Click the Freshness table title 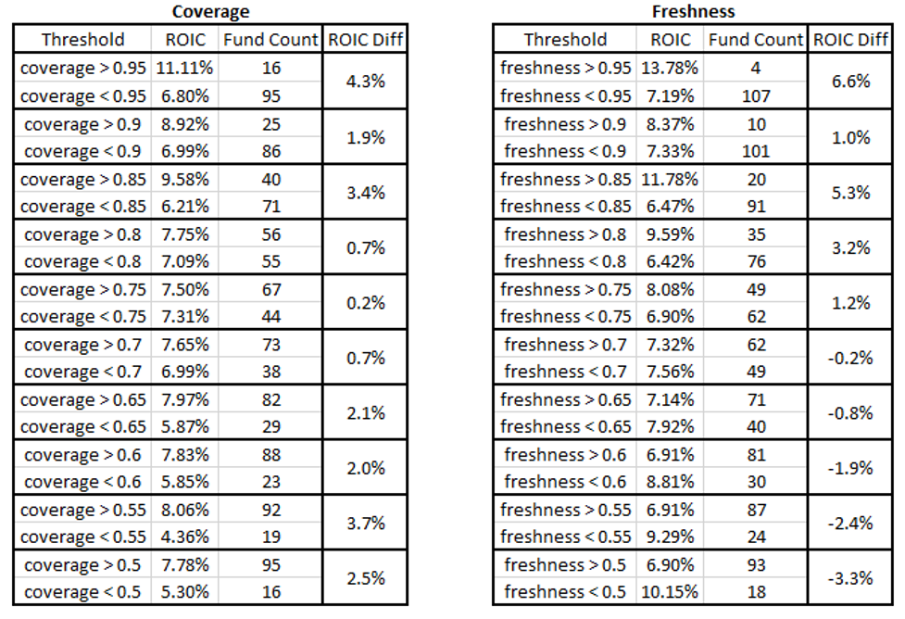(x=693, y=12)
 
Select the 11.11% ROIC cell (x=185, y=68)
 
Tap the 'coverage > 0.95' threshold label (x=82, y=68)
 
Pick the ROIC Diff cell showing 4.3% (x=364, y=82)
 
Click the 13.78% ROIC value (x=671, y=68)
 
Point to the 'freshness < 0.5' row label (x=565, y=592)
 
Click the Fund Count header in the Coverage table (x=270, y=40)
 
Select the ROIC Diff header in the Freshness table (x=850, y=40)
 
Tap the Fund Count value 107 (x=756, y=95)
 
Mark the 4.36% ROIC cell (x=185, y=537)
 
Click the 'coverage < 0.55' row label (x=82, y=537)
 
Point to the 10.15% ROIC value (x=671, y=592)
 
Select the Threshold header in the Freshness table (x=565, y=40)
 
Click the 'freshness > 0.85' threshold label (x=565, y=179)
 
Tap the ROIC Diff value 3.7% (x=364, y=524)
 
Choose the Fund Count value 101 (x=756, y=151)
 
